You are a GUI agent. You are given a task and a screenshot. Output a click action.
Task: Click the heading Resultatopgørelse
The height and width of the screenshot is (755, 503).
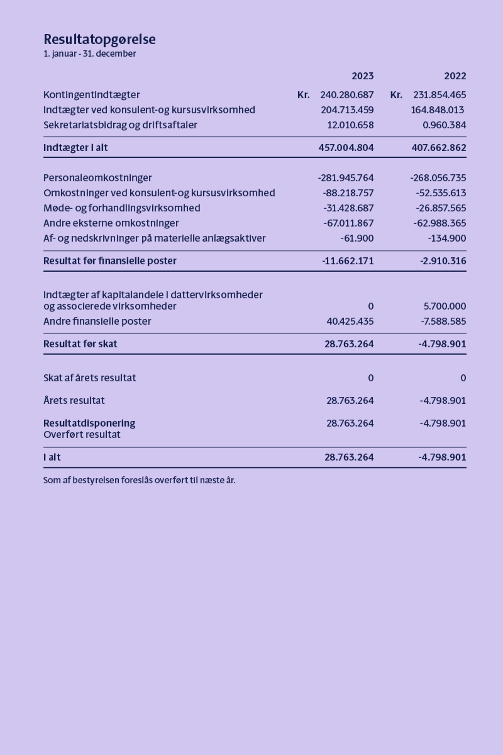(x=99, y=39)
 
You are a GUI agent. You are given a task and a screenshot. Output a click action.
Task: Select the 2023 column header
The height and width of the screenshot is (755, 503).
(x=362, y=76)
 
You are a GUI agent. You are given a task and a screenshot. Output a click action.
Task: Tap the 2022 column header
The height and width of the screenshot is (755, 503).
(x=455, y=76)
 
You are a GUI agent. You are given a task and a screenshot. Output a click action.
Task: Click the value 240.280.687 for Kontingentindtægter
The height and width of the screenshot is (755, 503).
(x=347, y=95)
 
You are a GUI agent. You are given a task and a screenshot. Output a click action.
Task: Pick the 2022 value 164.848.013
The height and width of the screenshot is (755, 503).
(x=437, y=110)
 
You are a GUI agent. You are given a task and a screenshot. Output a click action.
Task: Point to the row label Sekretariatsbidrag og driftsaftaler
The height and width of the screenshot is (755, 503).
(x=120, y=125)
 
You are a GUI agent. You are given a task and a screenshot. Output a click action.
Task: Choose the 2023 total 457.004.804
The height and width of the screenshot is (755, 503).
(x=346, y=148)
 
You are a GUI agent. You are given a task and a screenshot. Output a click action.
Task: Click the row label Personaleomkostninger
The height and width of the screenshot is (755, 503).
(x=97, y=178)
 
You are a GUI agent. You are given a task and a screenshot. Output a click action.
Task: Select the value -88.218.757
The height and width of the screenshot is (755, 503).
(x=348, y=193)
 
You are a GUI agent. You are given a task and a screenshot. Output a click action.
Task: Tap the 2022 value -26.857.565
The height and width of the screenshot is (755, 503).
(x=441, y=208)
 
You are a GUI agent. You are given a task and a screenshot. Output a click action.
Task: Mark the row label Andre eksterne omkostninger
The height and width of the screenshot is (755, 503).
(x=111, y=223)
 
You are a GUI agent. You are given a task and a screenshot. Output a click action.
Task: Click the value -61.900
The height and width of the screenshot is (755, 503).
(x=357, y=238)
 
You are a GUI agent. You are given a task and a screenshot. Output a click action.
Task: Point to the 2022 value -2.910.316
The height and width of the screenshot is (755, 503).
(x=443, y=261)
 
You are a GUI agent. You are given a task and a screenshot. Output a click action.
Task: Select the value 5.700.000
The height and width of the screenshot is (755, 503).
(x=445, y=306)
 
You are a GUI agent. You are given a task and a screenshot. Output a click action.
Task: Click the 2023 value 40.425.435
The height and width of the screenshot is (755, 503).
(x=350, y=321)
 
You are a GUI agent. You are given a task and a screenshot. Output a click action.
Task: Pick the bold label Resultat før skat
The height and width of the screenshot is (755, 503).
(x=80, y=344)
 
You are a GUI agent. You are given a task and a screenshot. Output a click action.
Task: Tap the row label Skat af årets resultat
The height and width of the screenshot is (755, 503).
(x=90, y=378)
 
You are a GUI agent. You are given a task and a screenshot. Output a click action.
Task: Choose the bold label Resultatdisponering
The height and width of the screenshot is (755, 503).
(x=89, y=423)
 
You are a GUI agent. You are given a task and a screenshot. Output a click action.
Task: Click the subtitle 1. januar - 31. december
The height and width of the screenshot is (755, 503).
(x=90, y=54)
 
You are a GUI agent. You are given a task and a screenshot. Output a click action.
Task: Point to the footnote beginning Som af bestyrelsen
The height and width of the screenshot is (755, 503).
(x=139, y=480)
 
